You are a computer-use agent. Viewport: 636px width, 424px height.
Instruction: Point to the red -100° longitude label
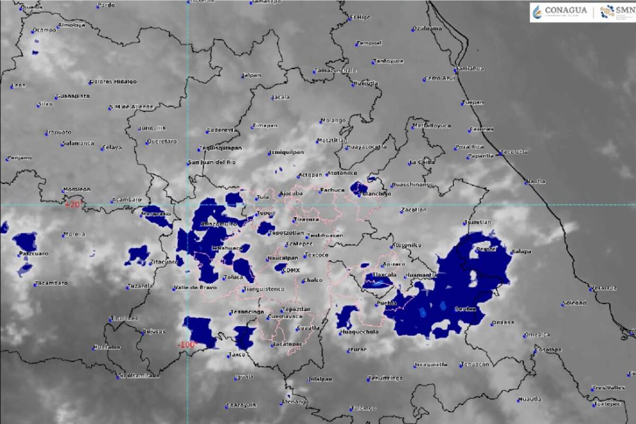(x=187, y=344)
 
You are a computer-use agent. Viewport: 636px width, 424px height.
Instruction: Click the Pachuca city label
(x=333, y=189)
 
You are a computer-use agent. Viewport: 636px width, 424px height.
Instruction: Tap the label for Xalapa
(x=521, y=251)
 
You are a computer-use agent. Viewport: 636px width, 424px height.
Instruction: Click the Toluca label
(x=233, y=277)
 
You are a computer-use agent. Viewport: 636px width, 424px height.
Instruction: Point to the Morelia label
(x=74, y=234)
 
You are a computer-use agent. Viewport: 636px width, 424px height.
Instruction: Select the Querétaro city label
(x=161, y=142)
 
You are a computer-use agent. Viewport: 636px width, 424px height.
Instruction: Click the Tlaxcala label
(x=384, y=275)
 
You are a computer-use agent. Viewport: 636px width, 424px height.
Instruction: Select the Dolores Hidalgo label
(x=113, y=82)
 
